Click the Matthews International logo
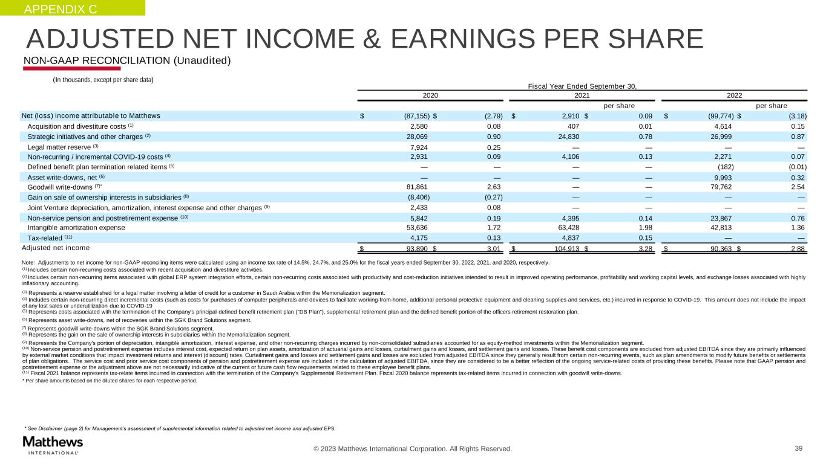click(53, 444)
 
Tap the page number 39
click(798, 448)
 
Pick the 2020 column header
click(430, 95)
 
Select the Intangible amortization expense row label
click(76, 228)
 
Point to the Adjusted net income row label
click(56, 248)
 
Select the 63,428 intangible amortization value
click(567, 228)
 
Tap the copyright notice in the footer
click(412, 449)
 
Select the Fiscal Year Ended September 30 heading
click(582, 86)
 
